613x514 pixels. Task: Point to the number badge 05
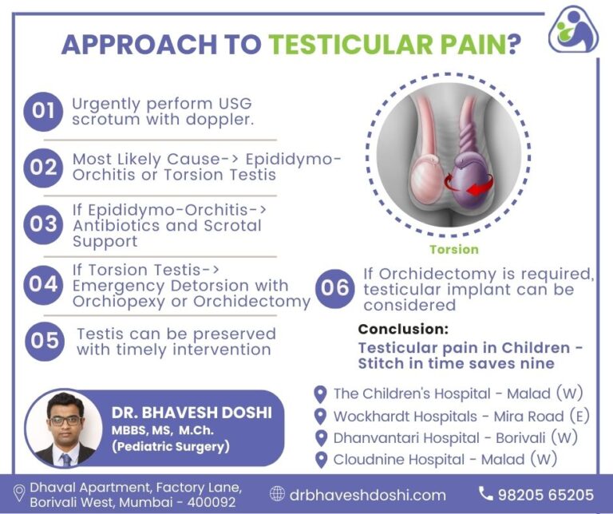click(45, 341)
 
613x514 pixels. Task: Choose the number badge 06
click(334, 288)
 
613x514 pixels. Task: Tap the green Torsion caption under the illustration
click(453, 249)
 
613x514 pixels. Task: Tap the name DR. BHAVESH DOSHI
click(191, 413)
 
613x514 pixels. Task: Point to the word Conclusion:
click(403, 329)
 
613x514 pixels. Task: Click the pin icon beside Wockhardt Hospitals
click(320, 416)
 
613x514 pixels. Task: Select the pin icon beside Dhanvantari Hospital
click(320, 437)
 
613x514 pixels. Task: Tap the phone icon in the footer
click(485, 494)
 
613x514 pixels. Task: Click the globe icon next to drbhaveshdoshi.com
click(277, 494)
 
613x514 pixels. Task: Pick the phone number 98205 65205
click(545, 494)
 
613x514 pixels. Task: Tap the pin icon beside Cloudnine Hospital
click(320, 459)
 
